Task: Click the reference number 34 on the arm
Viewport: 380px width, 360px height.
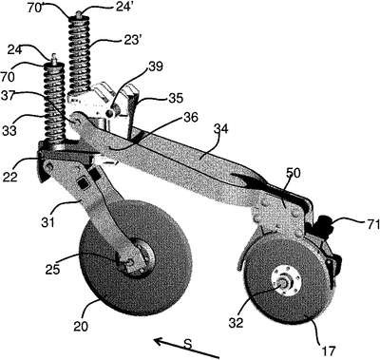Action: [221, 130]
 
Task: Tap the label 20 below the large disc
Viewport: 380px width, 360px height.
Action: [81, 326]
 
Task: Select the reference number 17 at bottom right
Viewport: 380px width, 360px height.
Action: [328, 351]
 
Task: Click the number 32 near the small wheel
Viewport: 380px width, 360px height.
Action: [236, 322]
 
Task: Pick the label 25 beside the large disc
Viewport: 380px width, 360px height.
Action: [52, 269]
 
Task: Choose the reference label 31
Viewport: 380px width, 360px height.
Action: [47, 221]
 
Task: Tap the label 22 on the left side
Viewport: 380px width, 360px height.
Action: [10, 177]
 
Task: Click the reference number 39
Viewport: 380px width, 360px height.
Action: [155, 66]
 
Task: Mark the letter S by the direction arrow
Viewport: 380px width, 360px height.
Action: [188, 344]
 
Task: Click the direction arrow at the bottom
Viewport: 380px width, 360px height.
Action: [187, 349]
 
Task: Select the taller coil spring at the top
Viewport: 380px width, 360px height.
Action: [80, 54]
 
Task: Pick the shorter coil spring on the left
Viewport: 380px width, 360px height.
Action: [54, 104]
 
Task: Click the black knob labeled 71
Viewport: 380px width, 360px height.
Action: [326, 223]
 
